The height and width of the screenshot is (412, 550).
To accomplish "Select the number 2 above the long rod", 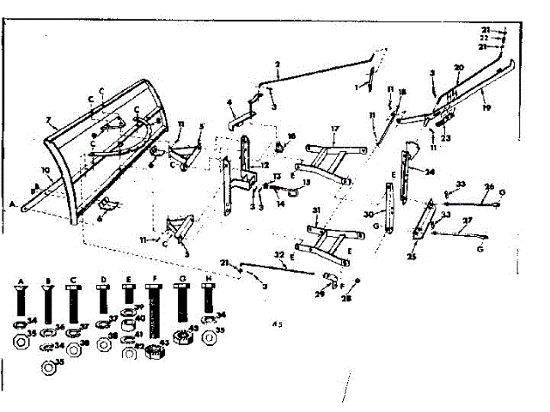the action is click(x=278, y=65).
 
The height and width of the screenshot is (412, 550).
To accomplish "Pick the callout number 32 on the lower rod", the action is click(x=279, y=255).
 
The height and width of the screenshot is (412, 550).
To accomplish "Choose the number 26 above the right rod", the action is click(x=488, y=186).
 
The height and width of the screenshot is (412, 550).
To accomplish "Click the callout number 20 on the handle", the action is click(x=459, y=67).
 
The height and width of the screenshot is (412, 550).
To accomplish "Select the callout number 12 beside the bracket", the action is click(x=265, y=165).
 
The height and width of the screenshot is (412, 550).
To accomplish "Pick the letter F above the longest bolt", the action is click(x=153, y=279).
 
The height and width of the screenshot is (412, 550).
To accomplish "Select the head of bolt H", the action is click(x=207, y=291).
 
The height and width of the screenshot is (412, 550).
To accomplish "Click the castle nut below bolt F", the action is click(x=156, y=350).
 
